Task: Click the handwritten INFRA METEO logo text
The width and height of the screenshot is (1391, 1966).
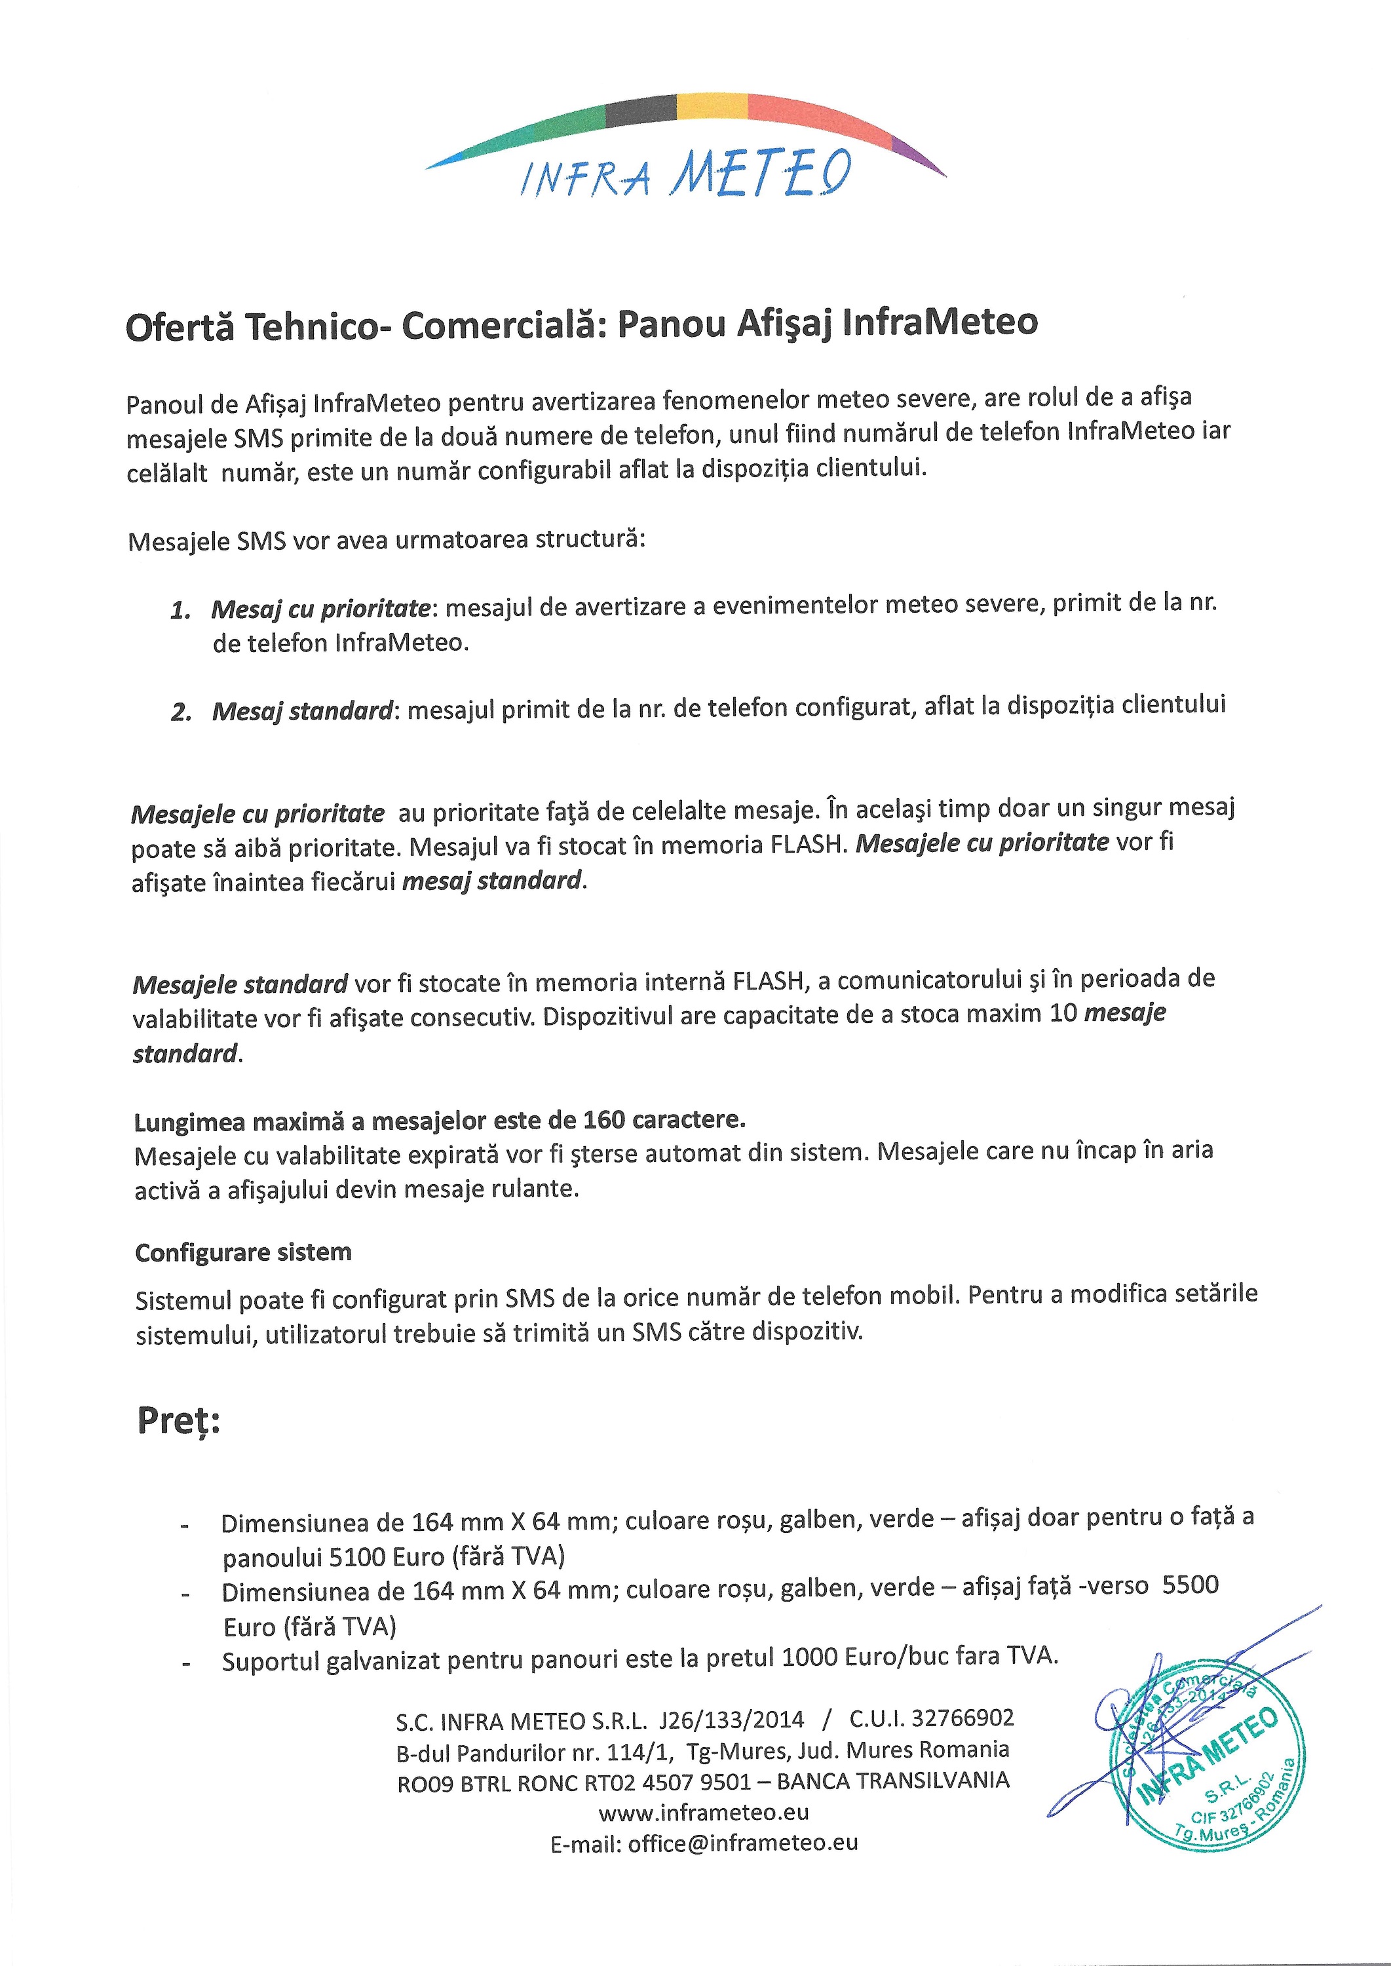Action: click(686, 175)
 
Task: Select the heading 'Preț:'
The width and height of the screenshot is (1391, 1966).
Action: click(178, 1421)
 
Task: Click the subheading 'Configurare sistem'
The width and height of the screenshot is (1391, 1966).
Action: click(243, 1252)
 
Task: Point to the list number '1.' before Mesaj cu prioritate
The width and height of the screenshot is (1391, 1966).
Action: click(181, 611)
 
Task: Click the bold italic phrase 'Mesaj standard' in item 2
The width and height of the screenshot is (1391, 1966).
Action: click(302, 711)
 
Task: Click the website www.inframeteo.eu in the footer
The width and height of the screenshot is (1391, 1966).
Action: click(704, 1813)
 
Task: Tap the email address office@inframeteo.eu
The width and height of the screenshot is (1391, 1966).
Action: click(742, 1843)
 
